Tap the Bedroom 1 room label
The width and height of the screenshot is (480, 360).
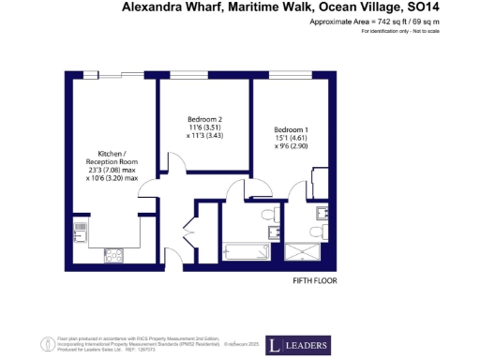click(x=290, y=129)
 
